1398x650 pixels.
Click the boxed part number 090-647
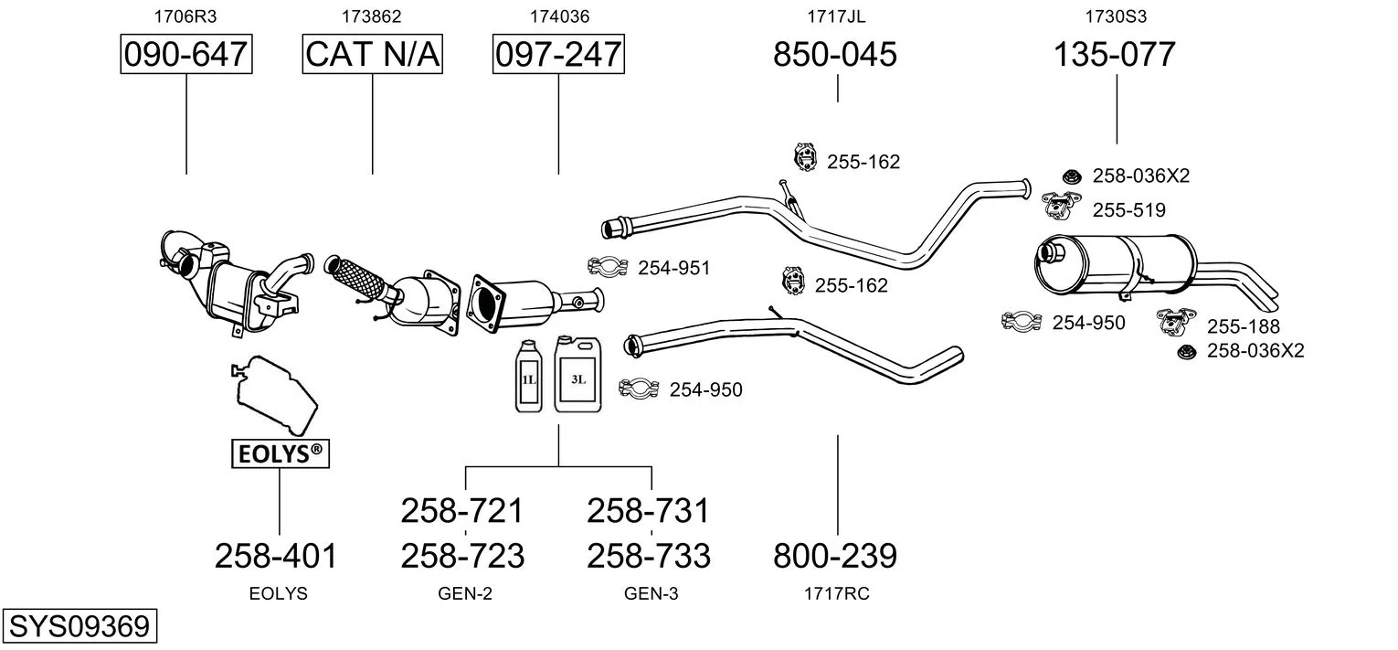186,55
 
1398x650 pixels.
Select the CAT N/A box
372,55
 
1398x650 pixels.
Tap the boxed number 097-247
557,55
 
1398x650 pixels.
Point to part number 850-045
835,55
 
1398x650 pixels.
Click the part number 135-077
1115,55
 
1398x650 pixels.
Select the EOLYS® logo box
279,452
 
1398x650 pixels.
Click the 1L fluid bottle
528,377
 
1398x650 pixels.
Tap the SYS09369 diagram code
79,627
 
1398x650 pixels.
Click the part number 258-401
276,555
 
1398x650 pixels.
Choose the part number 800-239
835,555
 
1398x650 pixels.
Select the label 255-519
1128,210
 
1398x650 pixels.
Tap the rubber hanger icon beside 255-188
1178,321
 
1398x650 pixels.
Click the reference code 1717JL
835,16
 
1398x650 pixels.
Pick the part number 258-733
649,555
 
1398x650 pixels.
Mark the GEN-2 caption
465,593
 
